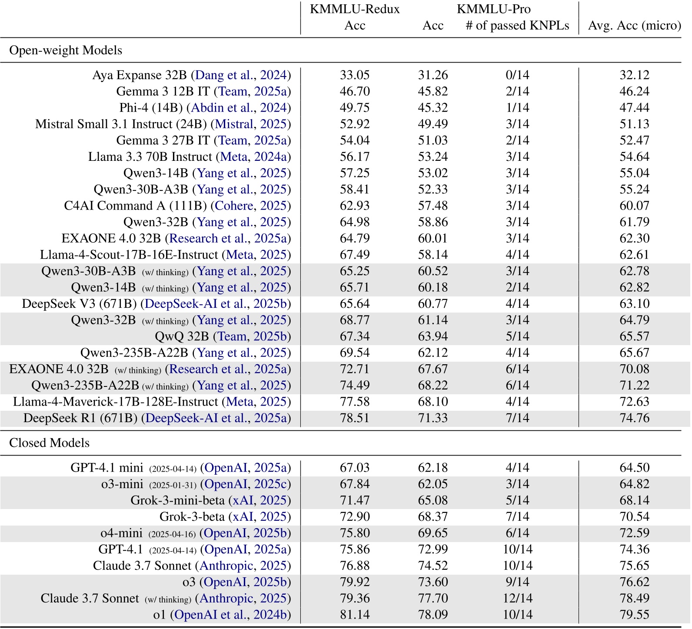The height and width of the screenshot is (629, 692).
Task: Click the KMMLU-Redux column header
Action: tap(354, 9)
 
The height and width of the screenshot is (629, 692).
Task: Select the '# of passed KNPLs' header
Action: tap(517, 26)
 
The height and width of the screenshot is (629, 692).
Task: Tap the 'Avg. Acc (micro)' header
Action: tap(634, 26)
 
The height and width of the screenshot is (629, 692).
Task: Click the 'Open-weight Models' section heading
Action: tap(66, 50)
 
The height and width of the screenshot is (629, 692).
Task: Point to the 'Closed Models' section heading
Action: tap(49, 443)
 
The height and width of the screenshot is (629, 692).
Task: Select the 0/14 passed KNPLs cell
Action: tap(517, 75)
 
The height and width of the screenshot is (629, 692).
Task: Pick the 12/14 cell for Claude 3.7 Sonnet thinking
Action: tap(517, 599)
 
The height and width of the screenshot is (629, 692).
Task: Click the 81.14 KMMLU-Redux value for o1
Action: tap(354, 615)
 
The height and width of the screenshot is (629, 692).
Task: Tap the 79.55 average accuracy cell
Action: tap(634, 615)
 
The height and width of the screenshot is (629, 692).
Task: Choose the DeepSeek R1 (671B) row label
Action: tap(80, 418)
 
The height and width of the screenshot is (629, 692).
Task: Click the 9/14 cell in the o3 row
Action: tap(517, 582)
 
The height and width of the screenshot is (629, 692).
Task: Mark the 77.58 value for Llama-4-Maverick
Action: tap(354, 402)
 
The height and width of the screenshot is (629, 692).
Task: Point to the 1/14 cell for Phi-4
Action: tap(517, 108)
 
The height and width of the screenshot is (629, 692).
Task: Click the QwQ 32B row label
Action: tap(182, 336)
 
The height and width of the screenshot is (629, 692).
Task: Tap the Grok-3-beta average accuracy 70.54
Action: tap(634, 517)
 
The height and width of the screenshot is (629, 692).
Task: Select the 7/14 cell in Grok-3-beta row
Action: tap(517, 517)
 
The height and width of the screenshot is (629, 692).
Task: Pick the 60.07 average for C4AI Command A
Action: tap(634, 206)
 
